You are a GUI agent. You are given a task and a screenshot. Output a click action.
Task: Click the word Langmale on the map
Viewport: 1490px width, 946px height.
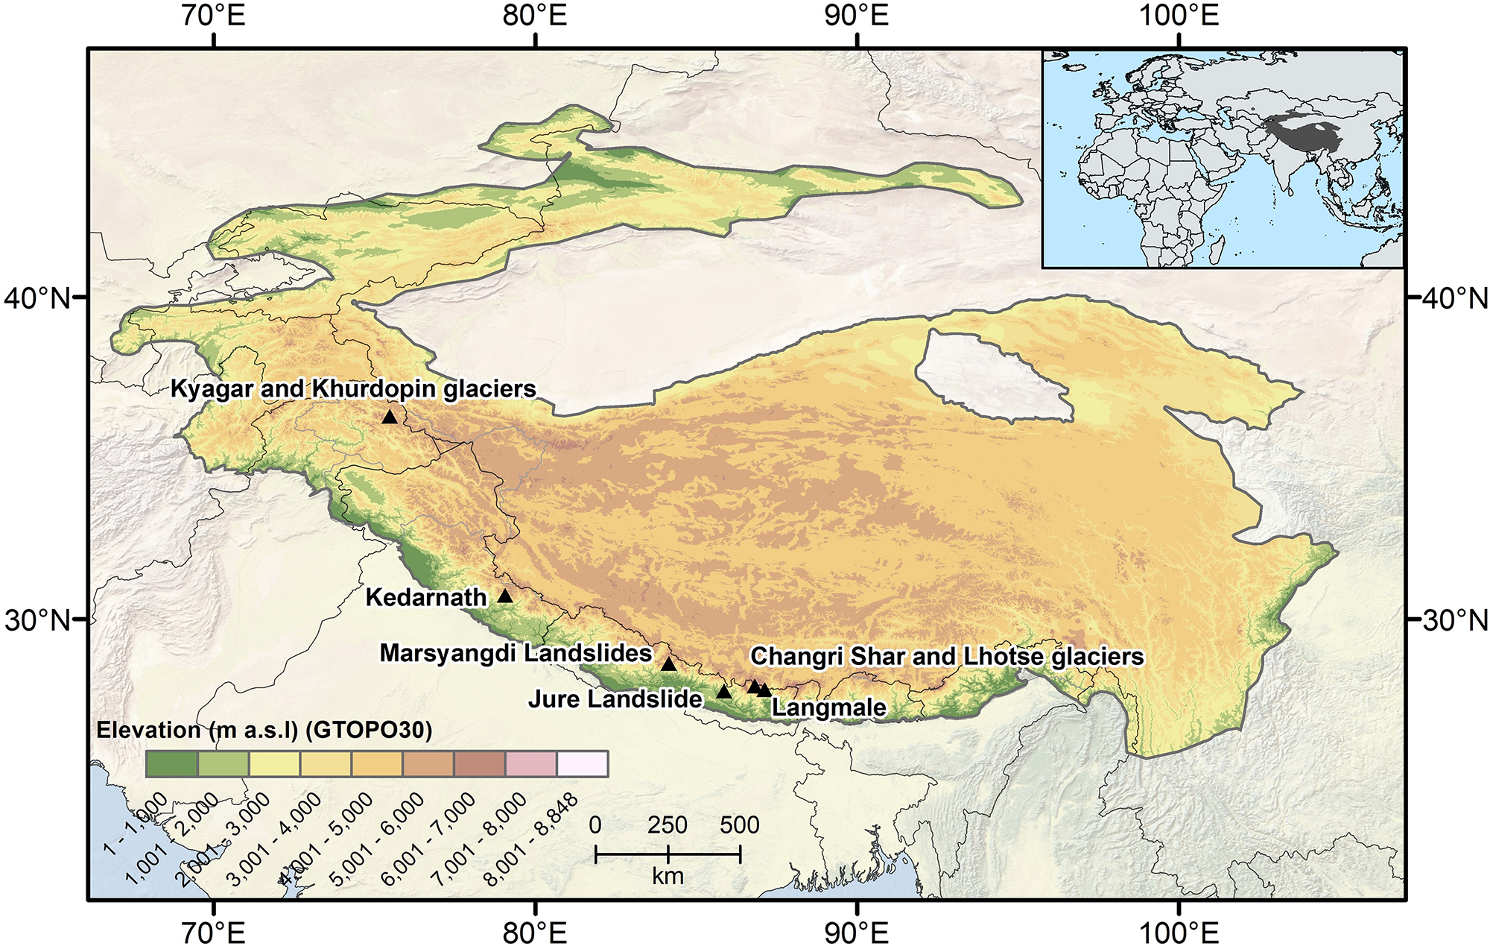(x=828, y=707)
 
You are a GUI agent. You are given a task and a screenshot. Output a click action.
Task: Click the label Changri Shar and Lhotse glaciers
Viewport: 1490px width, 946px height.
(x=946, y=657)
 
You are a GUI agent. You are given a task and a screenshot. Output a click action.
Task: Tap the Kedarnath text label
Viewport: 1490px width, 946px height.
(x=426, y=598)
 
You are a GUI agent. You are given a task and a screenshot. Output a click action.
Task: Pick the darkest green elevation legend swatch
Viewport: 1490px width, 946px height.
(x=172, y=764)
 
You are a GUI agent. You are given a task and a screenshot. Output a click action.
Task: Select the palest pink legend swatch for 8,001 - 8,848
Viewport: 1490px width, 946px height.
(x=583, y=764)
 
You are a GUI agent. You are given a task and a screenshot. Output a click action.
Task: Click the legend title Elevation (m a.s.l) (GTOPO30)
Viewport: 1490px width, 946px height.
(x=264, y=730)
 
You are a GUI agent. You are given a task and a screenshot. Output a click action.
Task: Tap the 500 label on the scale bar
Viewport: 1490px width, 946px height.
(x=739, y=825)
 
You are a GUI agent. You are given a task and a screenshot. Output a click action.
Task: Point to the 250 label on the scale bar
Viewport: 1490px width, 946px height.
(x=667, y=825)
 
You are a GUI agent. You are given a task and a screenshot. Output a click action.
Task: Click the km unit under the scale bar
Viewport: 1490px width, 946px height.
(x=668, y=877)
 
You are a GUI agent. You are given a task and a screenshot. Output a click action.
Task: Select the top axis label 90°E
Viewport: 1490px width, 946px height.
(x=857, y=16)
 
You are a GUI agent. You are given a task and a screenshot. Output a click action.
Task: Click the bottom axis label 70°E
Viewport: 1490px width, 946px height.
(x=214, y=932)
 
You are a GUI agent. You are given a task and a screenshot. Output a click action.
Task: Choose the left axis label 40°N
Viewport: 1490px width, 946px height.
(x=37, y=299)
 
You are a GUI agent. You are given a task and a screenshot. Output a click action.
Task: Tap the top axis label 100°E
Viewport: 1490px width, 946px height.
(x=1178, y=16)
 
